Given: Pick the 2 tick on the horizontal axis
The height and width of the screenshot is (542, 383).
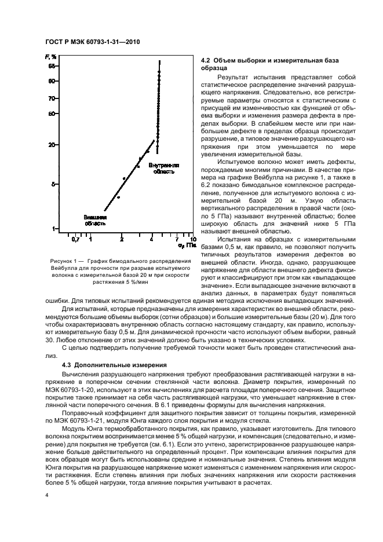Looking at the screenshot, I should point(122,239).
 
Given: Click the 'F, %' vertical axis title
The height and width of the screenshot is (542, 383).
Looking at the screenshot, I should point(50,56).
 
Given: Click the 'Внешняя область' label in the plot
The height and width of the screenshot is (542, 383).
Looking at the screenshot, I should point(95,219).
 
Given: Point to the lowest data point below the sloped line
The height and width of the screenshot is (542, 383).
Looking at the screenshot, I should point(118,197).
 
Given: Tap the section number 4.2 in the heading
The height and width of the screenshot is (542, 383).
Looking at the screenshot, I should point(205,60).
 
